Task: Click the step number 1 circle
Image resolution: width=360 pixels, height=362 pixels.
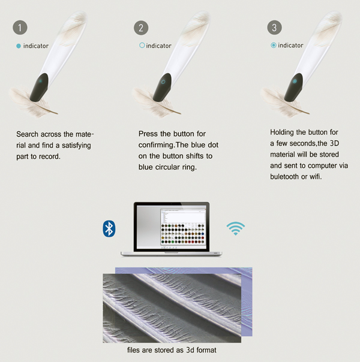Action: tap(20, 28)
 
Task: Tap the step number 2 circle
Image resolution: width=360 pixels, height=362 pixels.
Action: tap(141, 28)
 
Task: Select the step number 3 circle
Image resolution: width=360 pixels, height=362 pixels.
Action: tap(275, 28)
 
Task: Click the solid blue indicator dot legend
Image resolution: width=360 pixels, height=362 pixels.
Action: tap(19, 46)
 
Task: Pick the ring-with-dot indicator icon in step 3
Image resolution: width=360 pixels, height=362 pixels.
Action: tap(274, 46)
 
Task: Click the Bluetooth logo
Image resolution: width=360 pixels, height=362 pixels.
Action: tap(109, 228)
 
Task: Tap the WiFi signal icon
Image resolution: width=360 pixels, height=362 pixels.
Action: tap(235, 228)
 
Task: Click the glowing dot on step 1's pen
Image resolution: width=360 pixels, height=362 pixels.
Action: tap(40, 81)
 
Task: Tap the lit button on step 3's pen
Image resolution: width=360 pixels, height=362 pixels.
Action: tap(295, 82)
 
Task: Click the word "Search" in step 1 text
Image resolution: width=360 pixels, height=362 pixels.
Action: tap(27, 134)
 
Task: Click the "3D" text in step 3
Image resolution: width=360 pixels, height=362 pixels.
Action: tap(334, 143)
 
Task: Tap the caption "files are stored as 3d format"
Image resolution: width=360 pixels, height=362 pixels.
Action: tap(172, 350)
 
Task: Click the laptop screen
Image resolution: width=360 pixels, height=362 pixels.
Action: tap(171, 227)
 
